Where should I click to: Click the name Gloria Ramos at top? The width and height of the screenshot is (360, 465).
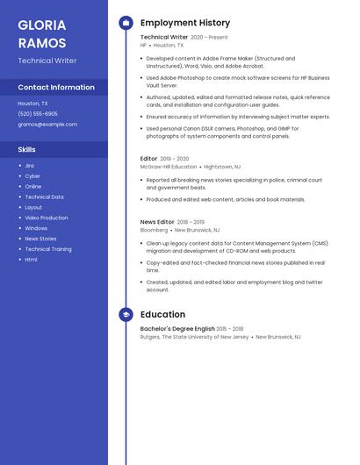point(41,33)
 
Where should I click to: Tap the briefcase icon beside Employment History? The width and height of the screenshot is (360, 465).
point(126,23)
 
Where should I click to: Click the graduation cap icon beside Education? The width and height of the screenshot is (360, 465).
point(126,314)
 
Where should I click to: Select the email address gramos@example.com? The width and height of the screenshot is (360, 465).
point(47,125)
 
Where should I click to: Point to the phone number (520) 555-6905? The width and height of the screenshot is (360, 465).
point(38,114)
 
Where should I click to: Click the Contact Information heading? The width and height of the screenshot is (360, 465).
point(56,88)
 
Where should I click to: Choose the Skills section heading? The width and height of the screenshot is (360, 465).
point(26,150)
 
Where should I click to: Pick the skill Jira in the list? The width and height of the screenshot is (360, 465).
point(29,166)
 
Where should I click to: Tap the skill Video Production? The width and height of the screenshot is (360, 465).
point(46,218)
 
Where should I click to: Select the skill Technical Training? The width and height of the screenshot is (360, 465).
point(48,249)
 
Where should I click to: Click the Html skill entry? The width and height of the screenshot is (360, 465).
point(31,260)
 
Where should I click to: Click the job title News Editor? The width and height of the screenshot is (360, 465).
point(157,223)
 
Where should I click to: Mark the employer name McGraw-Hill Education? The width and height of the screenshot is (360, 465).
point(169,167)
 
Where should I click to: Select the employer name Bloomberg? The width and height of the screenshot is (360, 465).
point(155,231)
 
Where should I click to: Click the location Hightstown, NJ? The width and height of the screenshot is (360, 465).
point(221,167)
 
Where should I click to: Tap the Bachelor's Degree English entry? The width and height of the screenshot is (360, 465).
point(177,329)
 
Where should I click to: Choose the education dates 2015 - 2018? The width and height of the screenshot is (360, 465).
point(230,329)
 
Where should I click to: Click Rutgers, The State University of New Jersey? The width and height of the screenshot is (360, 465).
point(194,337)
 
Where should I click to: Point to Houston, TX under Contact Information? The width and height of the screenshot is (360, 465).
point(33,104)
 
